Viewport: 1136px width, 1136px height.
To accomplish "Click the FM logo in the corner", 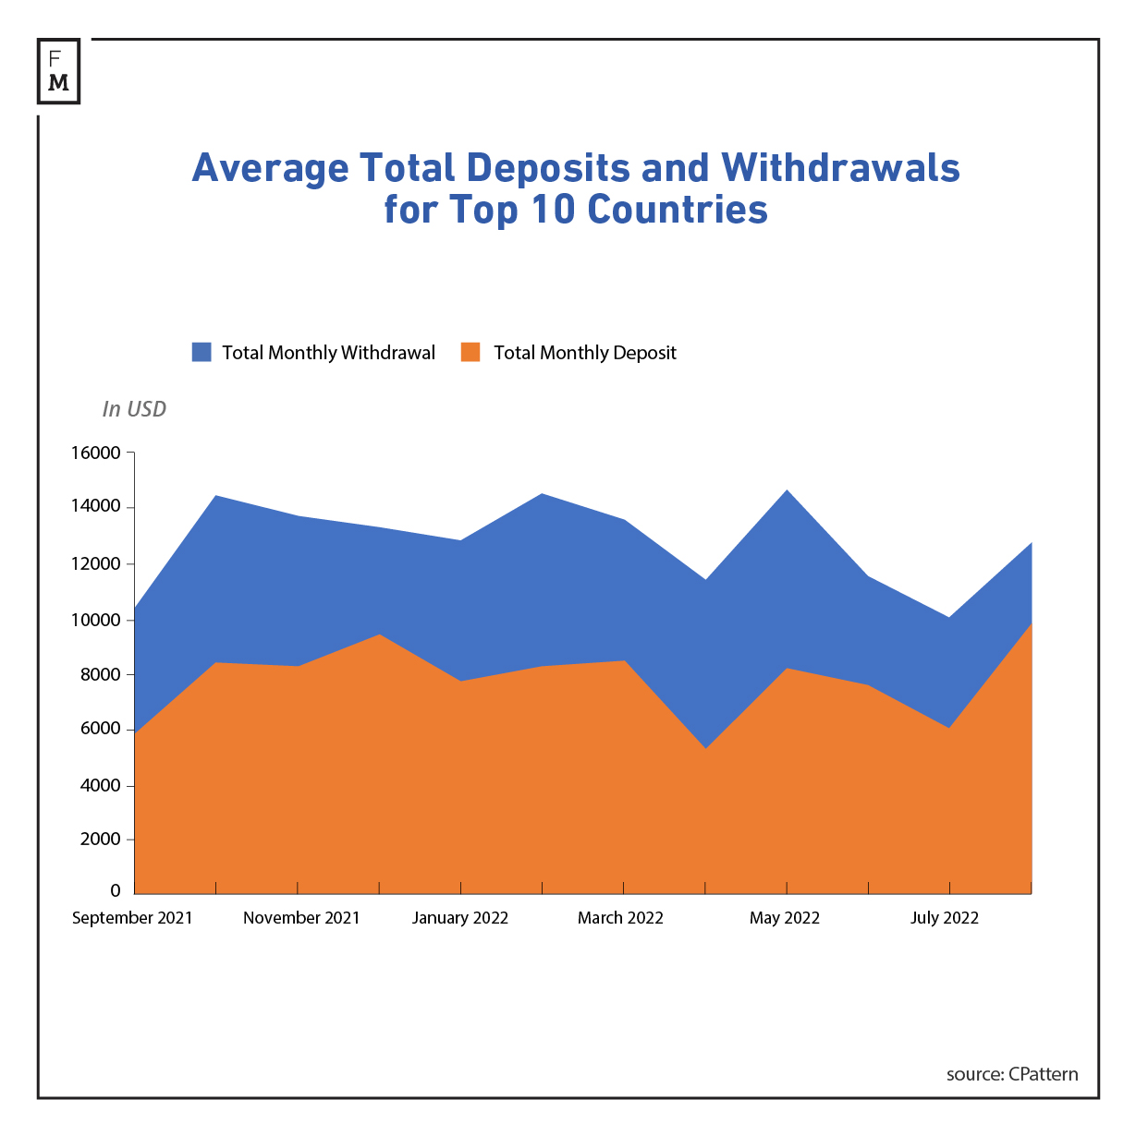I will tap(58, 71).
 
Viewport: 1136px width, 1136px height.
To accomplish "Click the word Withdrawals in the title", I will tap(840, 168).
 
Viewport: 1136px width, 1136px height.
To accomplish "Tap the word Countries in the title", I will tap(678, 210).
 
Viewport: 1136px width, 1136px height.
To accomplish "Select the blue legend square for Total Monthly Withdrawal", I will tap(202, 352).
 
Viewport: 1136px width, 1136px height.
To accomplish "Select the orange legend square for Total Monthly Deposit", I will tap(470, 352).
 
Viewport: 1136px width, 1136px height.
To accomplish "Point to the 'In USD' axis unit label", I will tap(134, 409).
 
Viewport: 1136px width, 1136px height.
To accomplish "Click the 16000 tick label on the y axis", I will tap(95, 453).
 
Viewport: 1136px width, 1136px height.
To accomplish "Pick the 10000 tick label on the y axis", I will tap(95, 620).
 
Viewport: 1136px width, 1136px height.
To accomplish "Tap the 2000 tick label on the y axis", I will tap(100, 840).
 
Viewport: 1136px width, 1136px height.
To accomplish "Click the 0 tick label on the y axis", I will tap(116, 891).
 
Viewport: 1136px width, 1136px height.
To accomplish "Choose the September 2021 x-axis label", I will tap(132, 918).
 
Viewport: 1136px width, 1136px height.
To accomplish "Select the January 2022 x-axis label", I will tap(460, 918).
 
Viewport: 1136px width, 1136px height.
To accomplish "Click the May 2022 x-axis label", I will tap(785, 918).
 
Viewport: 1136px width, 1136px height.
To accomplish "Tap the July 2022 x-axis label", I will tap(945, 918).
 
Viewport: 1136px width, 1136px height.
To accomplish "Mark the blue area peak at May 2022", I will tap(787, 491).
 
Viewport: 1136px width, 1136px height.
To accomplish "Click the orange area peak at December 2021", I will tap(379, 635).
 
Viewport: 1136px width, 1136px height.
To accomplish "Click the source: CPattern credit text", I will tap(1012, 1074).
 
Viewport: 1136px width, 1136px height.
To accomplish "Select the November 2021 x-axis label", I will tap(301, 918).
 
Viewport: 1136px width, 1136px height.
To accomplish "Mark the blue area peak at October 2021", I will tap(215, 497).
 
